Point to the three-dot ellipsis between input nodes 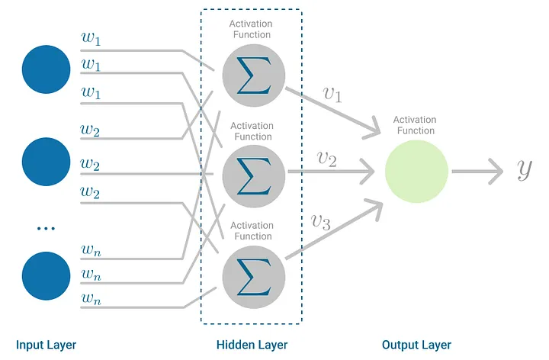point(47,227)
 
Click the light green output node point(416,172)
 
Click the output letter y point(525,169)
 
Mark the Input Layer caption point(46,345)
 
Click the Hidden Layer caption point(252,345)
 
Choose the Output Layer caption point(416,345)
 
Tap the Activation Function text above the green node point(415,125)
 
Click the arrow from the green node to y point(477,172)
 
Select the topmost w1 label point(91,37)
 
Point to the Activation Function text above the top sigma point(251,30)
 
